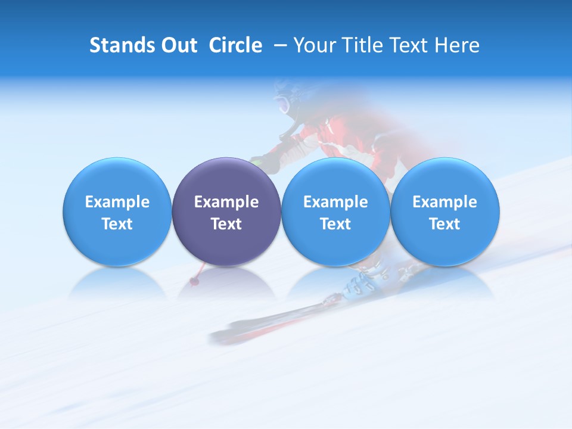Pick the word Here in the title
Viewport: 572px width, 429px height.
point(459,45)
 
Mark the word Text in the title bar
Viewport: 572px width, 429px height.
point(414,45)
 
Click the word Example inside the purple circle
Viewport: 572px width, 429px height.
point(226,202)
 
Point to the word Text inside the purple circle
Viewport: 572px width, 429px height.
point(226,224)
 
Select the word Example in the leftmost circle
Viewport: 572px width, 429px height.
point(117,202)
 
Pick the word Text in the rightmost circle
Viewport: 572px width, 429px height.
point(444,224)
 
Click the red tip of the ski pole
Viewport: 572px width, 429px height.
point(194,280)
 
